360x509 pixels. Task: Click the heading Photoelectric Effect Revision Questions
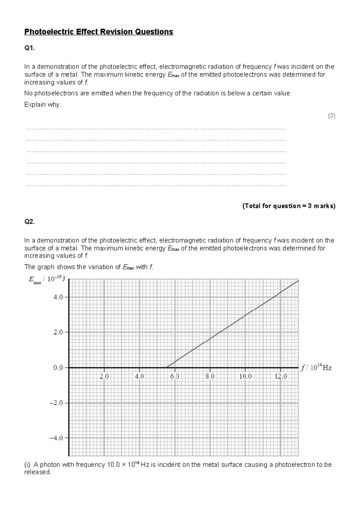pos(99,32)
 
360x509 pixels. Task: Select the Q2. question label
pos(29,222)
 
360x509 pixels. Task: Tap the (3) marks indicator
pos(331,116)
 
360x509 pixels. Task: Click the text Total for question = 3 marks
pos(289,206)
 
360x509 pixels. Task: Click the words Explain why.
pos(43,105)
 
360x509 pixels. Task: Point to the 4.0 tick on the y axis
pos(58,297)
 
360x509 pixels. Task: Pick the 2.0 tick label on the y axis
pos(58,332)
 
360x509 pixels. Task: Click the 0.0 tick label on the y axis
pos(58,368)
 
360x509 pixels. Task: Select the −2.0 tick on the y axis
pos(57,403)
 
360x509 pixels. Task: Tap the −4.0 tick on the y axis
pos(57,438)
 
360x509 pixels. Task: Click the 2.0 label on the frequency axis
pos(104,376)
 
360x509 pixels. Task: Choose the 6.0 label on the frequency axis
pos(175,376)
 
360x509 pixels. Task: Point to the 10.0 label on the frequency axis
pos(245,376)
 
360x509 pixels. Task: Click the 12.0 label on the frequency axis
pos(281,376)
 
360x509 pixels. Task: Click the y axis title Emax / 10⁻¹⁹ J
pos(47,279)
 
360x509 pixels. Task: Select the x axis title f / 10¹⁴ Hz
pos(316,368)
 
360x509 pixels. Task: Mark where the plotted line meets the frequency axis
pos(167,367)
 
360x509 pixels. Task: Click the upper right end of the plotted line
pos(298,281)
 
